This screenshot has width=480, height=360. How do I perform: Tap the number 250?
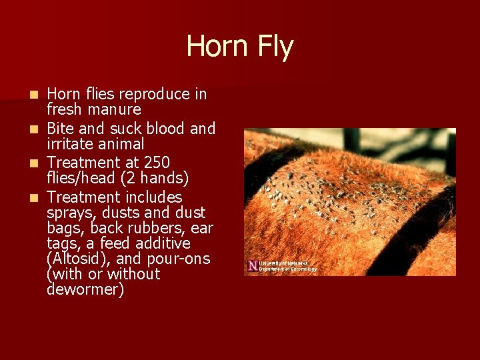coord(155,163)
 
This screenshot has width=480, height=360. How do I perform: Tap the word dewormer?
coord(85,290)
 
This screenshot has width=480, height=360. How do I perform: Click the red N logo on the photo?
coord(252,266)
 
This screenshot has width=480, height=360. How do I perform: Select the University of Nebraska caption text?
coord(287,266)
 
